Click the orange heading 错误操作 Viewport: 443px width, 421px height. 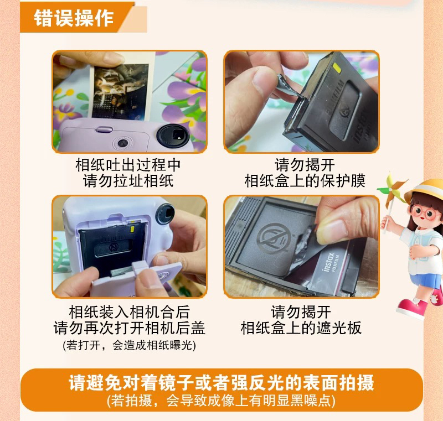coord(74,18)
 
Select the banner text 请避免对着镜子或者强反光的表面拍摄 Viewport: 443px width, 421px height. coord(221,383)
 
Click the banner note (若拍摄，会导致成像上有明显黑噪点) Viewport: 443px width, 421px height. coord(221,399)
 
